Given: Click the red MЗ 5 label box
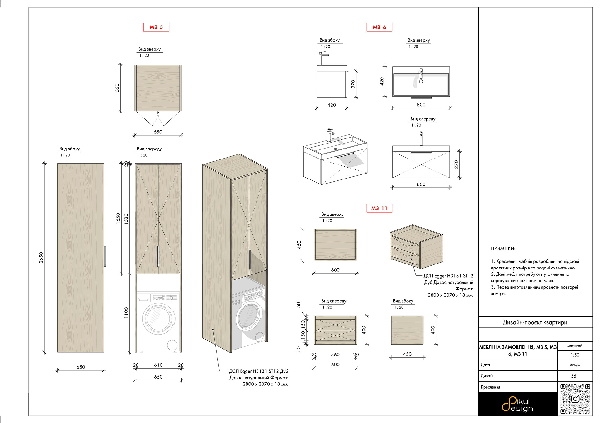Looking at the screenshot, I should [x=156, y=27].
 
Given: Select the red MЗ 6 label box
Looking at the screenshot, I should [x=379, y=27].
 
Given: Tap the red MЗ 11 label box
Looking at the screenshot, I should [x=379, y=208].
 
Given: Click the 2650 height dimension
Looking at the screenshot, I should [x=41, y=257].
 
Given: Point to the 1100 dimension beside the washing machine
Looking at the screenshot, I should [x=126, y=313].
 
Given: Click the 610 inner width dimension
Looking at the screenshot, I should [x=158, y=365].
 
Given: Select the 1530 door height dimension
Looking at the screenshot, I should [x=126, y=219].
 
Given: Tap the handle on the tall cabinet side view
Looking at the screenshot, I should [x=105, y=256].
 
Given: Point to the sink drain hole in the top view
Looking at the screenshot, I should [x=421, y=81].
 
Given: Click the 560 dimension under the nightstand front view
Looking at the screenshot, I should [x=335, y=355].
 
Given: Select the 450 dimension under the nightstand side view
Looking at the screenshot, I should [x=407, y=354].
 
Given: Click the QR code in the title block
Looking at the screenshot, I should [x=575, y=399].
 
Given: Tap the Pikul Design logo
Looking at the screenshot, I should [x=517, y=404].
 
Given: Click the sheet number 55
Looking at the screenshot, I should [x=574, y=376].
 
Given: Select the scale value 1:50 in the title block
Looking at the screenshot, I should [x=575, y=355].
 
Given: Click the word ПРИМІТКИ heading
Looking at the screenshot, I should [x=503, y=249].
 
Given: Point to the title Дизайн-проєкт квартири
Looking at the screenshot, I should [x=535, y=322].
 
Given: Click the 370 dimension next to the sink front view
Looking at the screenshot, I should [x=457, y=164].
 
